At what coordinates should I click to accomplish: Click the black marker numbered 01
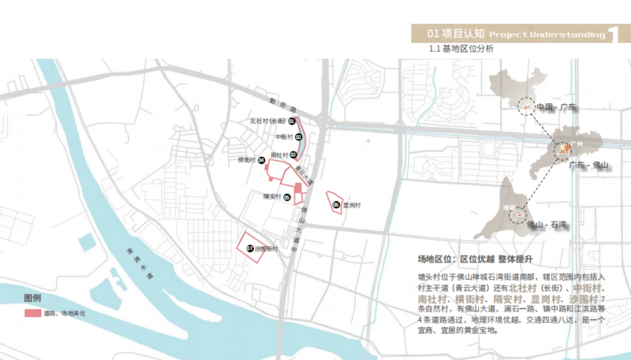click(291, 121)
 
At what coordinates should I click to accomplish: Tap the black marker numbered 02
click(299, 137)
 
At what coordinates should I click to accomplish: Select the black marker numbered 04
click(261, 160)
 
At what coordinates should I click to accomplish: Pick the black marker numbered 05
click(287, 198)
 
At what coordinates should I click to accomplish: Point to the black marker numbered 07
click(250, 249)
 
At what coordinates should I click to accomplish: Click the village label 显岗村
click(352, 205)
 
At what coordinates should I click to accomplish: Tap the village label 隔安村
click(272, 197)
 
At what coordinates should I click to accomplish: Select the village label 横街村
click(247, 160)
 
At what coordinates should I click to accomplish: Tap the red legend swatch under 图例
click(33, 313)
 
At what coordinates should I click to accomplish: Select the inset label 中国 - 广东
click(556, 107)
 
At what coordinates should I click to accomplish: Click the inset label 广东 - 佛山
click(588, 165)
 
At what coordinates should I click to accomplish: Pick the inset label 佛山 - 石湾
click(546, 225)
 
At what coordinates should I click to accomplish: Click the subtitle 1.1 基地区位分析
click(462, 49)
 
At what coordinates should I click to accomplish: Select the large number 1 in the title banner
click(614, 35)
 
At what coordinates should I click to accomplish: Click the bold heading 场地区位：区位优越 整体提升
click(475, 259)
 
